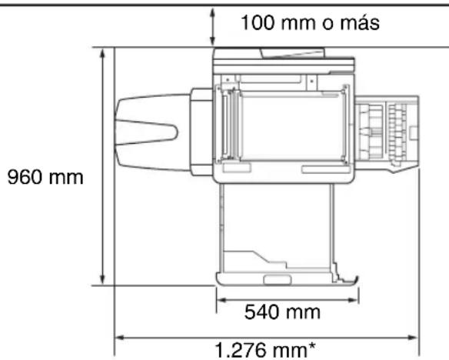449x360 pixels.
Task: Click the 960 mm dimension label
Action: [x=45, y=177]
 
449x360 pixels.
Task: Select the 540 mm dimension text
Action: [x=282, y=312]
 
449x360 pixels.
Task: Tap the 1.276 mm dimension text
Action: [x=265, y=350]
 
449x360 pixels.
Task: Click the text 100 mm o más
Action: [x=310, y=22]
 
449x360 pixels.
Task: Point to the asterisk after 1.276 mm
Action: [x=311, y=346]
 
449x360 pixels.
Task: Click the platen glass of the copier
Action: [x=292, y=127]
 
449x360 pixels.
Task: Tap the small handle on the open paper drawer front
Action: [x=277, y=280]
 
